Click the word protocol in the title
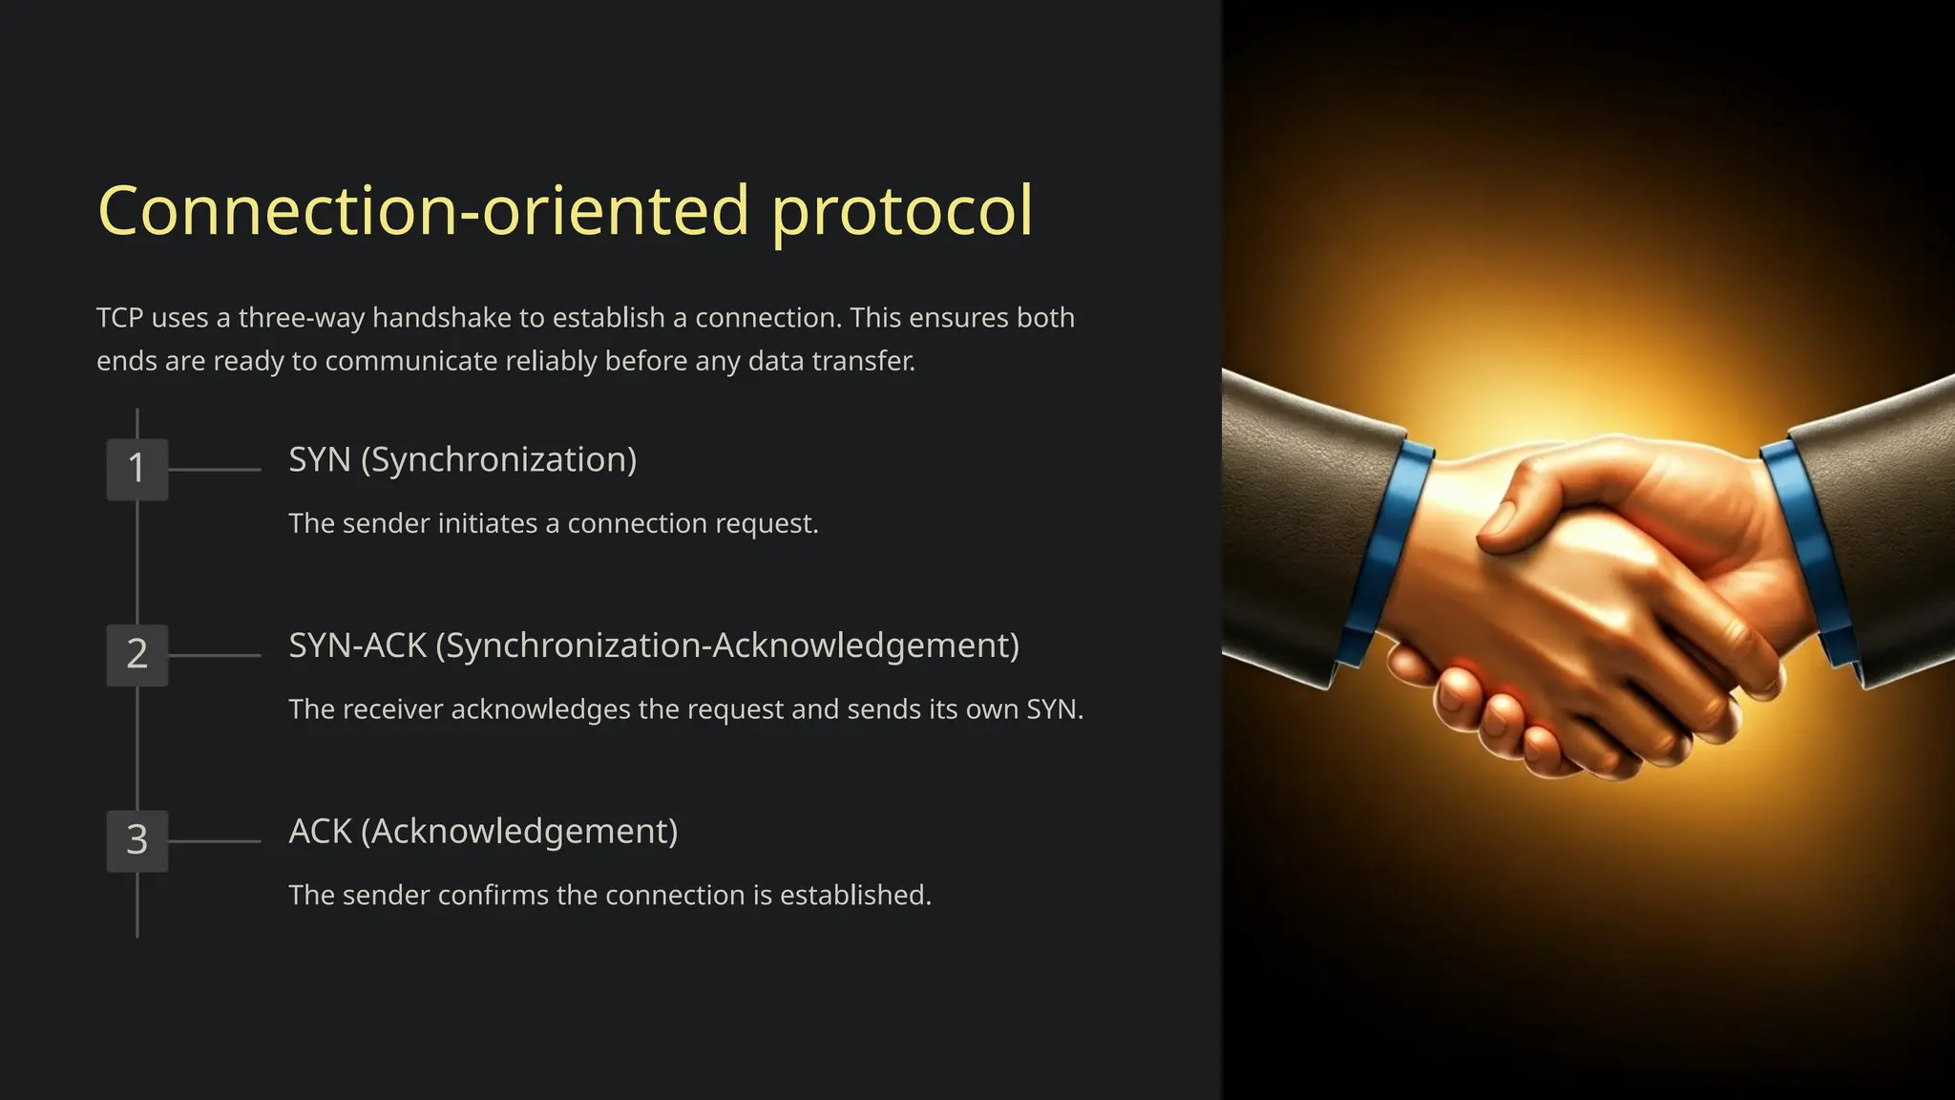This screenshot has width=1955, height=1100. click(901, 212)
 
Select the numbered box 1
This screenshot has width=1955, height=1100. click(137, 469)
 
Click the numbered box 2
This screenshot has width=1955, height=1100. click(137, 655)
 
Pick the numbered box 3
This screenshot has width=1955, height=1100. click(137, 840)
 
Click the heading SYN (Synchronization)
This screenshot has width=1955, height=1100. click(462, 460)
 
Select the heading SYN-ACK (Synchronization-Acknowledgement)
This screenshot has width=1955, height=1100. click(654, 645)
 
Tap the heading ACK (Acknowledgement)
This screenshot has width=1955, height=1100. click(483, 832)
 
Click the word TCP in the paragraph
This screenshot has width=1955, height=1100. click(119, 318)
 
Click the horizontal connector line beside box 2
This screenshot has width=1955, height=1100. click(214, 656)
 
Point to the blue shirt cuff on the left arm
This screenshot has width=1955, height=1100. click(1384, 554)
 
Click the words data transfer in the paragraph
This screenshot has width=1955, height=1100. click(830, 361)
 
